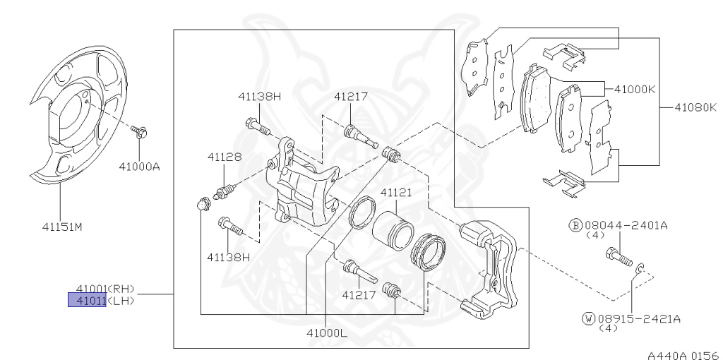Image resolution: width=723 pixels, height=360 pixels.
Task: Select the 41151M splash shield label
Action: pos(62,227)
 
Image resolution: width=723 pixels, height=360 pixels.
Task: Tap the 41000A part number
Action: pos(139,167)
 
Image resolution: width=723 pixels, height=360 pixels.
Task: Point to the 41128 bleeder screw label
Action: pos(224,157)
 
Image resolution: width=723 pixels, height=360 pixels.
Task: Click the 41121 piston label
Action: pos(396,192)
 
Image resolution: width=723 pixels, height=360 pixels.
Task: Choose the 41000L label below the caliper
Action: pos(326,332)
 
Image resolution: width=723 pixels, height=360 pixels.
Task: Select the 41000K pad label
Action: pos(635,89)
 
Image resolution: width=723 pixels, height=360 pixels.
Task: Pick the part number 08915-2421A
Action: pos(639,318)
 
